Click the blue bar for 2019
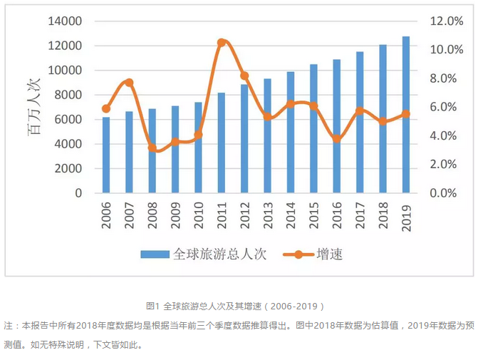(x=406, y=115)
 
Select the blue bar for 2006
(x=106, y=155)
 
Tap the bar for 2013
(x=267, y=135)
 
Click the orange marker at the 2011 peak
(x=222, y=43)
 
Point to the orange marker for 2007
(x=129, y=83)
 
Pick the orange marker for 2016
(x=337, y=139)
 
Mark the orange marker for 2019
(x=406, y=113)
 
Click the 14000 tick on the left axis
(x=65, y=21)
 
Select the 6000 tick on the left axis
(x=68, y=120)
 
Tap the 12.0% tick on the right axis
(x=447, y=21)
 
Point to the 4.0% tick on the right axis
(x=447, y=135)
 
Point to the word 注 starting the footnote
(x=7, y=325)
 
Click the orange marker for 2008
(x=152, y=148)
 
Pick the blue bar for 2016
(x=337, y=126)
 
